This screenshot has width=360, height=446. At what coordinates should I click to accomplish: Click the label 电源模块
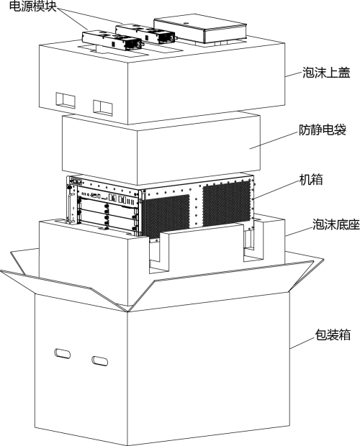[x=33, y=6]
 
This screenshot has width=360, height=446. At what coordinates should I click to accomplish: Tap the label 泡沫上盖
[x=326, y=73]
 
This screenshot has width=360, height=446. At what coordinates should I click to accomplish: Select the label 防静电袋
[x=323, y=130]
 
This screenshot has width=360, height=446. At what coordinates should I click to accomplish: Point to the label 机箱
[x=311, y=180]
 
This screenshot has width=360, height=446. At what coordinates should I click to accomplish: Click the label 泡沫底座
[x=336, y=224]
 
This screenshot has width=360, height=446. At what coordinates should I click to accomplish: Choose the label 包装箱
[x=333, y=334]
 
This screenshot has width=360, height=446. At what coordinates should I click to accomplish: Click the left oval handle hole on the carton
[x=63, y=353]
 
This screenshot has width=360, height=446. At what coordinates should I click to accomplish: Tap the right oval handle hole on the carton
[x=99, y=360]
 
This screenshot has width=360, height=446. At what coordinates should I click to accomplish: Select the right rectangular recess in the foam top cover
[x=102, y=107]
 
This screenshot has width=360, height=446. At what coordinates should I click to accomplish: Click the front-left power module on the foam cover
[x=112, y=40]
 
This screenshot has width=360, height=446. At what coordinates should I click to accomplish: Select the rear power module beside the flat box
[x=145, y=33]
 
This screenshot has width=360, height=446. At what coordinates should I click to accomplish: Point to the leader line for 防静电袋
[x=274, y=140]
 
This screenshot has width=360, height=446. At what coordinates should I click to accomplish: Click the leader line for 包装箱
[x=302, y=343]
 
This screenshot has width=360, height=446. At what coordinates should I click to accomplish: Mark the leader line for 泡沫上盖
[x=294, y=74]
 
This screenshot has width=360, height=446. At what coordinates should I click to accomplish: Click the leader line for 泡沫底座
[x=299, y=231]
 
